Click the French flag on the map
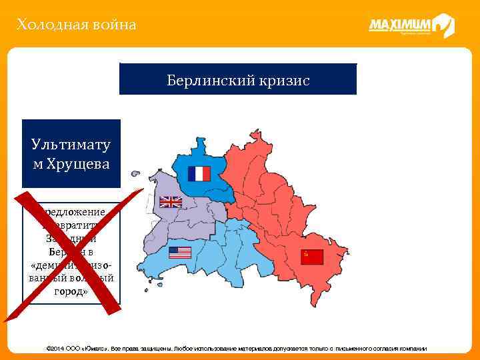click(199, 174)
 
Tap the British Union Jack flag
click(170, 202)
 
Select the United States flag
click(180, 253)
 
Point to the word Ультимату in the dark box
click(71, 145)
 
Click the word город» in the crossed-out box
click(71, 292)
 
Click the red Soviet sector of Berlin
click(280, 213)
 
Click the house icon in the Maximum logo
click(443, 26)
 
